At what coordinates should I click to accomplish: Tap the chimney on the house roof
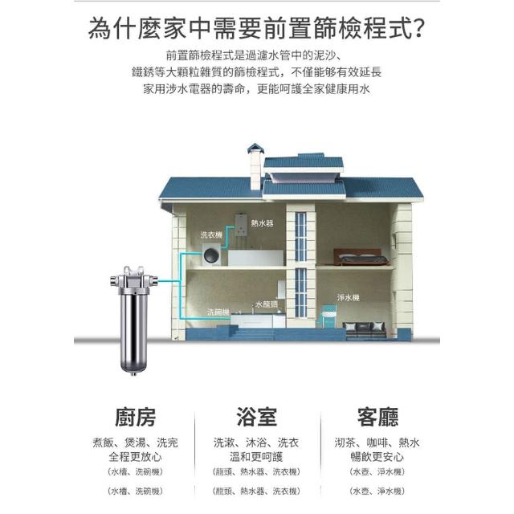click(x=255, y=165)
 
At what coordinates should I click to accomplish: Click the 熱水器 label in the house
click(x=263, y=222)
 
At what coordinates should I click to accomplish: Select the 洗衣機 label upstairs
click(x=212, y=235)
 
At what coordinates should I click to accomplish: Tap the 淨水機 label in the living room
click(x=349, y=298)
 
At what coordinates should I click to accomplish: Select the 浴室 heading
click(x=256, y=417)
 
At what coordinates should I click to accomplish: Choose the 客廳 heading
click(x=377, y=417)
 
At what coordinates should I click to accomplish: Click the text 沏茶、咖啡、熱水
click(x=377, y=443)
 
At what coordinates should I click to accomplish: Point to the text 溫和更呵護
click(x=256, y=457)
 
